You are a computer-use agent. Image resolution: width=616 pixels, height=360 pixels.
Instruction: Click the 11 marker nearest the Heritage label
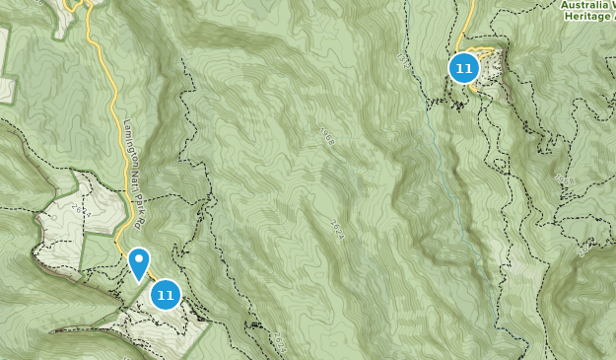(463, 68)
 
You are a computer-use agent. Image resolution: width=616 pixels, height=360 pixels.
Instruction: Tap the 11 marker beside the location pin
(165, 294)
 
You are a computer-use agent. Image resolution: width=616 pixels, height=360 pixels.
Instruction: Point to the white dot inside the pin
(139, 260)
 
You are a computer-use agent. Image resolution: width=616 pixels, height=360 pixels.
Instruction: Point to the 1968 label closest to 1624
(327, 136)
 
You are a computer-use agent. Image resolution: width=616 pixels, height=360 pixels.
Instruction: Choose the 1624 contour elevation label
(336, 227)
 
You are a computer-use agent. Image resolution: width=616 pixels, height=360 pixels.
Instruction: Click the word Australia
(587, 4)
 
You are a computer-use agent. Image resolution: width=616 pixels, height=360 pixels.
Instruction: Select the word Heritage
(588, 18)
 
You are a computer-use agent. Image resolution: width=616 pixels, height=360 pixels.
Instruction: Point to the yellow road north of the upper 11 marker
(466, 25)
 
